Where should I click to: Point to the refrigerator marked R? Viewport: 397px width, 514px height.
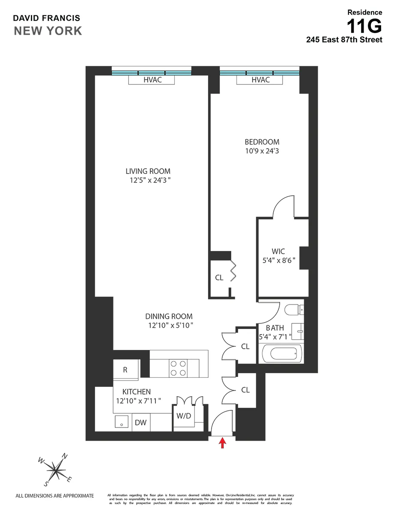tap(125, 370)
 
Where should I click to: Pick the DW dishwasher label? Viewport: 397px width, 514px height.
tap(141, 423)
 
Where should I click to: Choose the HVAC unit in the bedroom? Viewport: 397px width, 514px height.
tap(260, 80)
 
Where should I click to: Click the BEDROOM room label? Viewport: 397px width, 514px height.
tap(262, 142)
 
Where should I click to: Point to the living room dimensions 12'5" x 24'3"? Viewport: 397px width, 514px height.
tap(148, 180)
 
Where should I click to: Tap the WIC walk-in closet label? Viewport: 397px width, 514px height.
tap(278, 251)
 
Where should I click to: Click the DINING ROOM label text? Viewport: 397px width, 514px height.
tap(169, 317)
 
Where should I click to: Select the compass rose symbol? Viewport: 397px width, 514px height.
tap(54, 470)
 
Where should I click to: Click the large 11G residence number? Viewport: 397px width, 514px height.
tap(364, 27)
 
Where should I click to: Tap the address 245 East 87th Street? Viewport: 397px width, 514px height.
tap(343, 40)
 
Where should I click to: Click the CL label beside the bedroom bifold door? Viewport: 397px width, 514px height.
tap(219, 278)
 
